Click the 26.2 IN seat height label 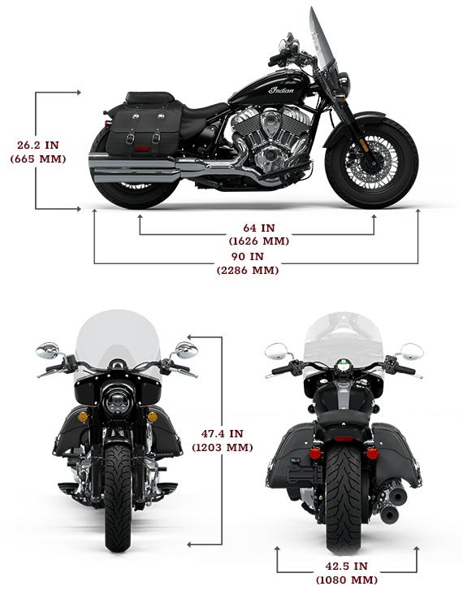pos(38,145)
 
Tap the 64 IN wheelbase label pos(259,228)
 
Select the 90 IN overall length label pos(248,257)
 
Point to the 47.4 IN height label pos(223,433)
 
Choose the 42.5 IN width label pos(346,566)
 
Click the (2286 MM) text pos(248,270)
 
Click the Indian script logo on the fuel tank pos(282,90)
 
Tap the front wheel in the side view pos(371,163)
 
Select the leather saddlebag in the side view pos(144,126)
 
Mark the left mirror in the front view pos(47,350)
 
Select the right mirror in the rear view pos(412,351)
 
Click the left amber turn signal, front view pos(83,417)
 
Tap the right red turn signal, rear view pos(372,454)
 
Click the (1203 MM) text pos(223,448)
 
